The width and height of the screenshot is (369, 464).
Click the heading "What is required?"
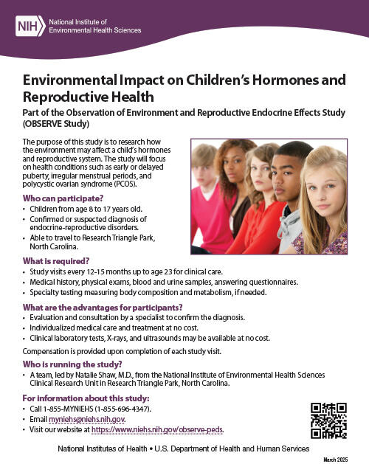56,260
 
